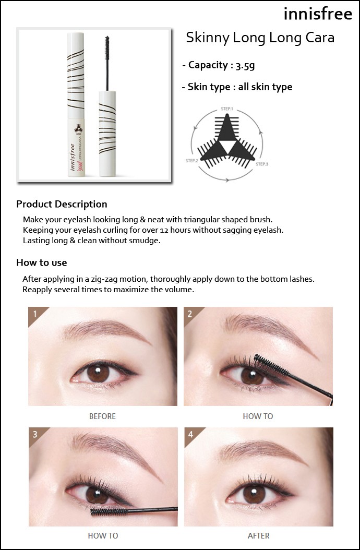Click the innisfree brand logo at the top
318,14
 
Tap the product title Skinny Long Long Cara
260,38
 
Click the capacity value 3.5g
245,65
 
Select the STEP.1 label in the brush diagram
227,109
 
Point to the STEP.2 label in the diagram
192,161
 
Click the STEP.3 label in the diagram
262,164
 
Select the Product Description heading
62,204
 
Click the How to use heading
41,262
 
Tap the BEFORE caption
102,416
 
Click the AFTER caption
259,536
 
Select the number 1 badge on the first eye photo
35,313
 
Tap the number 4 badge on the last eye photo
190,434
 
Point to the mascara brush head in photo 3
109,511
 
